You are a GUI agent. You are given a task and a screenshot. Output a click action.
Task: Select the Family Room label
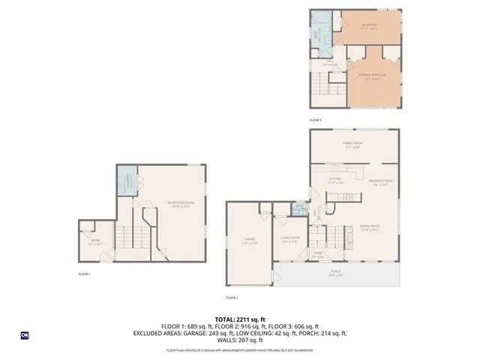pos(352,146)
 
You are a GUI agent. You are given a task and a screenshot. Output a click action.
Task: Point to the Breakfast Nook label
pos(380,182)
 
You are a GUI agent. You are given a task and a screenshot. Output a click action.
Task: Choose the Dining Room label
pos(368,228)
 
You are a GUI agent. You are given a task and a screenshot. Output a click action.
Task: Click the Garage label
pos(249,241)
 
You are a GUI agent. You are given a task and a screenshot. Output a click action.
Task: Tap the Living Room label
pos(290,241)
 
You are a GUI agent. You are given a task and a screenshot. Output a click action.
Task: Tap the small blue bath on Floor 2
pos(299,208)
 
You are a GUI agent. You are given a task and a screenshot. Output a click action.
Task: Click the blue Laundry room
pos(127,181)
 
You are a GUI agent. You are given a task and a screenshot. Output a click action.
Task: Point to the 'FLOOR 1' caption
pos(85,274)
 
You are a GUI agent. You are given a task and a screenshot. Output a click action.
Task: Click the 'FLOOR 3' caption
pos(316,120)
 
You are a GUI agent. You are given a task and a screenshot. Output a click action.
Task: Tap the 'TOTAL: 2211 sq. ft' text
pos(239,319)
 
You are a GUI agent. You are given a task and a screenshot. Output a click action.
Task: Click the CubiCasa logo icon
pos(25,335)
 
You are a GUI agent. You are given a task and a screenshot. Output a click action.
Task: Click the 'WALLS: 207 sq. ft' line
pos(239,341)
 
